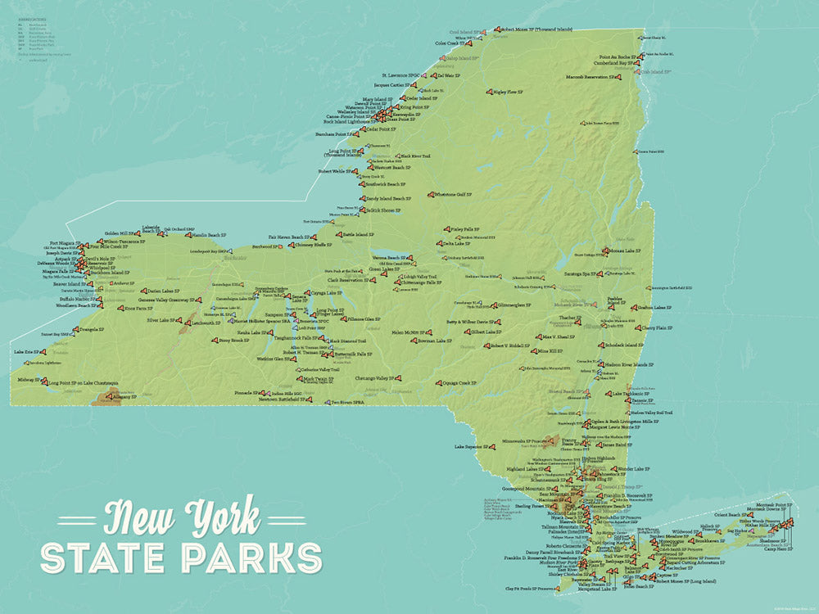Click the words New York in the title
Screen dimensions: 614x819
182,518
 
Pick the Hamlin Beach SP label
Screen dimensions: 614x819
210,235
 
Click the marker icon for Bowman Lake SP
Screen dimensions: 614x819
409,341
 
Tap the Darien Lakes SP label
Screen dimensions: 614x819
163,291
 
